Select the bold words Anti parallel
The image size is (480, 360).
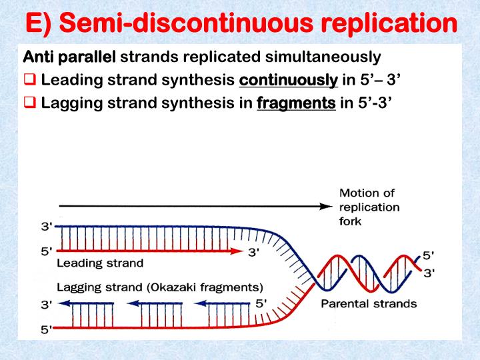tap(69, 57)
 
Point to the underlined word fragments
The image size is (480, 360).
tap(296, 103)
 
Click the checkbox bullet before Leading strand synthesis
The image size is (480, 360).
tap(30, 81)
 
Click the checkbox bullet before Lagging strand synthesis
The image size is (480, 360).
tap(30, 103)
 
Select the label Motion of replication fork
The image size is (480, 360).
tap(369, 207)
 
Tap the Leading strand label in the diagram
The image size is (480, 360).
tap(100, 263)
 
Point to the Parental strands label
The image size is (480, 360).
tap(369, 304)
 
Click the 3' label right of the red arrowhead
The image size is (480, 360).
tap(254, 252)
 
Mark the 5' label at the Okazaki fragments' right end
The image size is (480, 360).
tap(262, 303)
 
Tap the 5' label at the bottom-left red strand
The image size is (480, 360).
tap(46, 329)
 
